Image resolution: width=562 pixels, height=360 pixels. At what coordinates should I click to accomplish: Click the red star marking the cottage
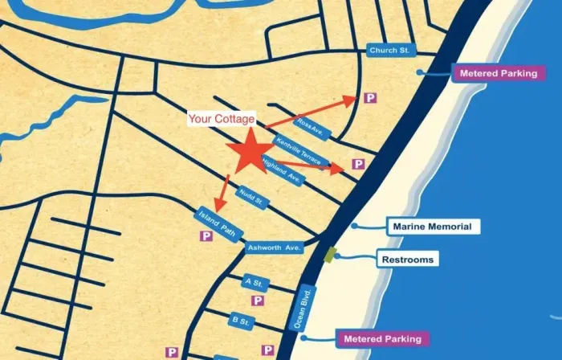pos(250,152)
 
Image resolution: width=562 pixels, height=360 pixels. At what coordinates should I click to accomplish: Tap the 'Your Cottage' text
pos(222,119)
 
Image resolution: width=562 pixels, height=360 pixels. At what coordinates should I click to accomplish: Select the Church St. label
pos(389,50)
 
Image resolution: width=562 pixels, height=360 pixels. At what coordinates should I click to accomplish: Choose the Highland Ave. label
pos(282,170)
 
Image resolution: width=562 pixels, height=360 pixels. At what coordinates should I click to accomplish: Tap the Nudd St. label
pos(251,198)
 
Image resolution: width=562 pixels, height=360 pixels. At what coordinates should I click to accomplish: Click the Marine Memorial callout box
pos(432,227)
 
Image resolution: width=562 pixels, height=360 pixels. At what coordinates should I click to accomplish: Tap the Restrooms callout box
pos(407,260)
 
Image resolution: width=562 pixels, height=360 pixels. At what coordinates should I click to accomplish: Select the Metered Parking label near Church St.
pos(499,73)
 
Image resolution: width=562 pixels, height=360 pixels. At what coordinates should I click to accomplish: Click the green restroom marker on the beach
pos(329,255)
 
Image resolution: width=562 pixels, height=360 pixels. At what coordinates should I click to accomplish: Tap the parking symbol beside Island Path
pos(206,236)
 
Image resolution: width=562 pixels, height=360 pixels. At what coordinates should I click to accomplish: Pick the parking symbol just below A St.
pos(258,301)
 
